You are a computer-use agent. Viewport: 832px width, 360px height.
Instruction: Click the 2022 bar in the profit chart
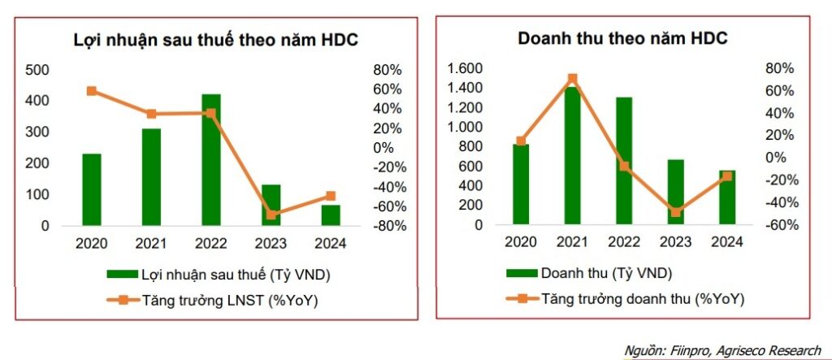point(210,160)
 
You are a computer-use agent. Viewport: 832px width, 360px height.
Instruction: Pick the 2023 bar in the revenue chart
point(676,193)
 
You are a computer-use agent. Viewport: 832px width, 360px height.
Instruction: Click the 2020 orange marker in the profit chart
point(91,91)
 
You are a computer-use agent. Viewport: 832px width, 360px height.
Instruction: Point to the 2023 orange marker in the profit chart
point(271,215)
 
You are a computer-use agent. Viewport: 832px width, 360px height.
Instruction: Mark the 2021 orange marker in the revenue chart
point(573,79)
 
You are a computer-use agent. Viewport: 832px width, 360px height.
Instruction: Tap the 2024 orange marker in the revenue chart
point(727,176)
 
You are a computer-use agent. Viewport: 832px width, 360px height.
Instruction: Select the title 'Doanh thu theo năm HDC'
point(623,38)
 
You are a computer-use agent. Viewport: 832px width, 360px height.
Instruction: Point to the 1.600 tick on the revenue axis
point(466,68)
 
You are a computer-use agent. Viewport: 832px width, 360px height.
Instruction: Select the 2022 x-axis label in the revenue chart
point(624,241)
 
